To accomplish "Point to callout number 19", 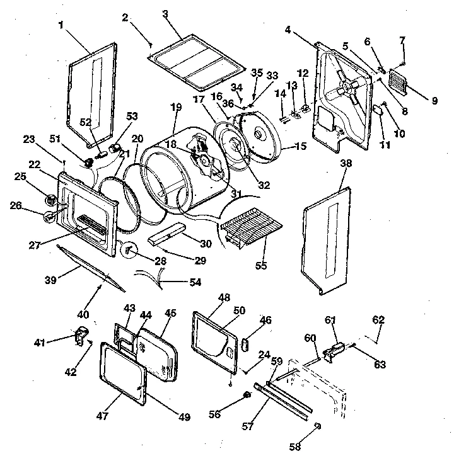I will click(175, 108).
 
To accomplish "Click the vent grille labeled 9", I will click(404, 80).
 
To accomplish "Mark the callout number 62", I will click(378, 320).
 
